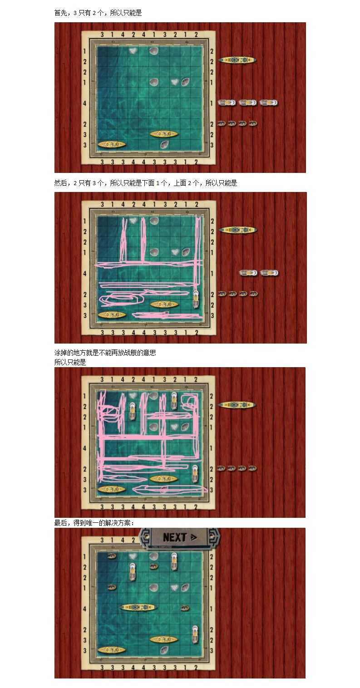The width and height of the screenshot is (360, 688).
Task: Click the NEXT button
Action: [x=180, y=537]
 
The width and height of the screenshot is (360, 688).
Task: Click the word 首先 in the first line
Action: [x=60, y=13]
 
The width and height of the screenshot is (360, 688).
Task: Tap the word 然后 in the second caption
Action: [x=60, y=183]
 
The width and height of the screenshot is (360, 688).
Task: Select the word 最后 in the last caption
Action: [x=60, y=523]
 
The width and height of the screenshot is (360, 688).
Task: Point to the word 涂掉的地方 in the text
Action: [x=70, y=353]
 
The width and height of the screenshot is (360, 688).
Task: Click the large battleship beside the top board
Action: [x=237, y=60]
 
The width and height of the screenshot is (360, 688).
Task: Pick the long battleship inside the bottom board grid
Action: [x=138, y=607]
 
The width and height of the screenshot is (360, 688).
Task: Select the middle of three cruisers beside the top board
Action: [x=247, y=103]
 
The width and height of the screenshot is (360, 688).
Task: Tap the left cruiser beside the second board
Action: [x=248, y=273]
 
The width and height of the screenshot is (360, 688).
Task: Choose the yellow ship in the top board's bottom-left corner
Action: [x=112, y=144]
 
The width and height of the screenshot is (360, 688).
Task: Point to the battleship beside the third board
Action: [x=237, y=404]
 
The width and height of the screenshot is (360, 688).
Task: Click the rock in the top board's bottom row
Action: [x=164, y=144]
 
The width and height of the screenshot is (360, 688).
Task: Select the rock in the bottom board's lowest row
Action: [x=164, y=650]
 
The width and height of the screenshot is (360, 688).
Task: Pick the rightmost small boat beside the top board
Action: [x=253, y=123]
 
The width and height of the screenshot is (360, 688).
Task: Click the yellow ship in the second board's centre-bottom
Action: [x=164, y=305]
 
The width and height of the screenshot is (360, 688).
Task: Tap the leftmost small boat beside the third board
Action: [x=222, y=468]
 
